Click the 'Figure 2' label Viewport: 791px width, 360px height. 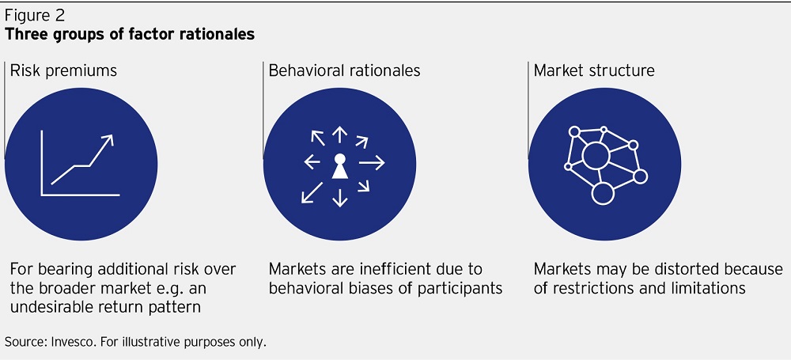coord(35,16)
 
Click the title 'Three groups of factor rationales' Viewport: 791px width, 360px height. coord(130,34)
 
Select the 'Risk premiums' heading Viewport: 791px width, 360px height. coord(63,70)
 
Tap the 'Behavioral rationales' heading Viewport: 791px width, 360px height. coord(345,70)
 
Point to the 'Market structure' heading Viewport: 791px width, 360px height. coord(594,70)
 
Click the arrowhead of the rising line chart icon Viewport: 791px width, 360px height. coord(108,140)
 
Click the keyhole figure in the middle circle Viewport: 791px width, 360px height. coord(339,166)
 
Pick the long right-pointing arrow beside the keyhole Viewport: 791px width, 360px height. coord(372,162)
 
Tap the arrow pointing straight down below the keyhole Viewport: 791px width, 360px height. coord(339,197)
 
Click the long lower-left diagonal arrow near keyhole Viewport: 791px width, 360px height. coord(312,193)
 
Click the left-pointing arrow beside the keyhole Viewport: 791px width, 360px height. coord(312,162)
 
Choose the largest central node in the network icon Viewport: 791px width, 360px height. coord(596,156)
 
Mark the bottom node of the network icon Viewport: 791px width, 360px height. coord(602,193)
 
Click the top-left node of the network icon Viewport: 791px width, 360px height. coord(574,132)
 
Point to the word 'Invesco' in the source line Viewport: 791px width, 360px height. coord(70,342)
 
